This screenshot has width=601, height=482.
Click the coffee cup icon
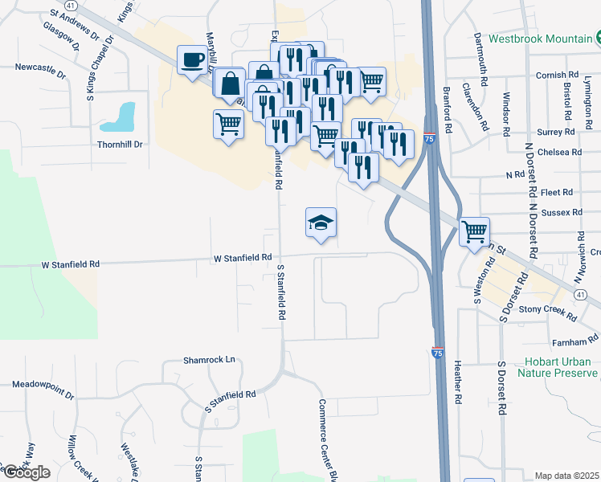pyautogui.click(x=193, y=60)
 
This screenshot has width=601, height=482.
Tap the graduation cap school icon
pyautogui.click(x=321, y=223)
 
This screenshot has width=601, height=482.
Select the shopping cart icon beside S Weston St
pyautogui.click(x=474, y=231)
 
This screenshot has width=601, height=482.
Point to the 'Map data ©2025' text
pyautogui.click(x=567, y=476)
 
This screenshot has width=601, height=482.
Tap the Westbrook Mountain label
pyautogui.click(x=539, y=38)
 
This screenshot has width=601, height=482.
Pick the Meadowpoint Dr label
pyautogui.click(x=43, y=394)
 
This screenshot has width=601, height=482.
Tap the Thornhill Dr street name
pyautogui.click(x=119, y=145)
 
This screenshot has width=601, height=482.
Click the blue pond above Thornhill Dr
pyautogui.click(x=118, y=117)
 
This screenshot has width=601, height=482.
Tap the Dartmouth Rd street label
pyautogui.click(x=481, y=61)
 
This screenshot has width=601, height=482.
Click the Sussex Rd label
pyautogui.click(x=562, y=212)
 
